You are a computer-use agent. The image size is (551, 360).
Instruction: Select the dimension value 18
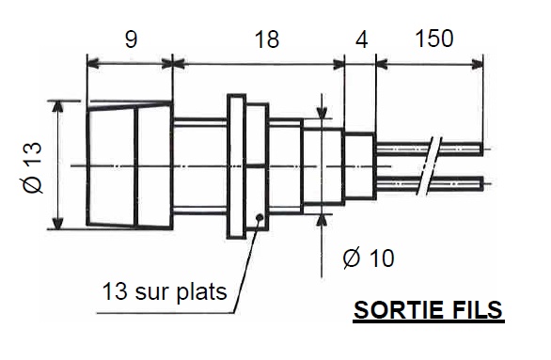point(266,39)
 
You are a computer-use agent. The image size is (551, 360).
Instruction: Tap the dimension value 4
point(362,39)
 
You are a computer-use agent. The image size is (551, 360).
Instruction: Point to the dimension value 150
point(433,39)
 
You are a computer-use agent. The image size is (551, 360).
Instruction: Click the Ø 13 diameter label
point(32,166)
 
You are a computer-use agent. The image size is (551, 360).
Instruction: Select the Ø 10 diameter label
point(369,258)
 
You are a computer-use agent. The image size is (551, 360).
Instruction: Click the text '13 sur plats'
point(164,291)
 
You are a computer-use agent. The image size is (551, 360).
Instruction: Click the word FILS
point(473,311)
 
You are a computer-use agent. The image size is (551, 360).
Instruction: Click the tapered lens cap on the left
point(129,165)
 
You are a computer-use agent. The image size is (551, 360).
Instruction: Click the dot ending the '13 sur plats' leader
point(259,219)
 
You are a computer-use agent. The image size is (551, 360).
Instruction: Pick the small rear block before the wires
point(358,165)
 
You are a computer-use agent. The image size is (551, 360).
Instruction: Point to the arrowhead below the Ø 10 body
point(324,219)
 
